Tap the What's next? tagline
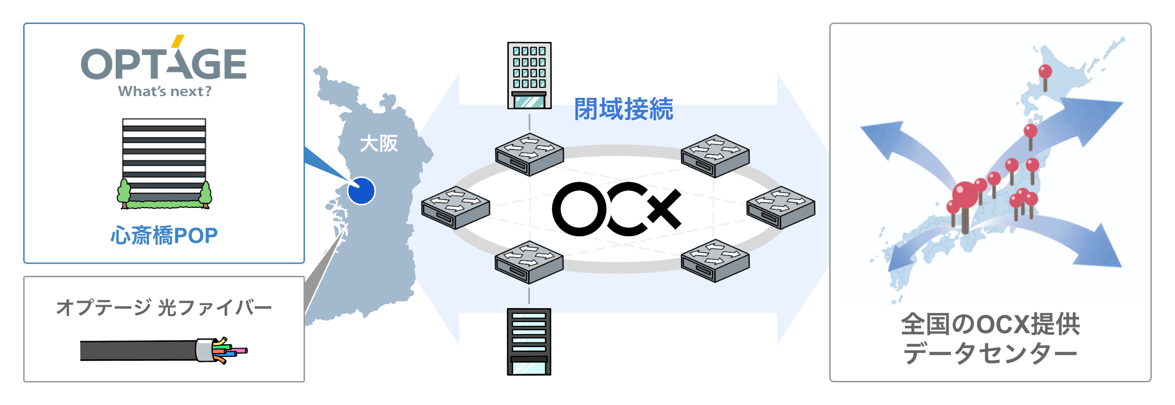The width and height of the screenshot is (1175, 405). [165, 91]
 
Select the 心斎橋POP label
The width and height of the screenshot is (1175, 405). [164, 236]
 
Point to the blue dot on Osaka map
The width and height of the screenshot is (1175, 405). [361, 191]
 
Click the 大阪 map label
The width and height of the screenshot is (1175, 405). [379, 144]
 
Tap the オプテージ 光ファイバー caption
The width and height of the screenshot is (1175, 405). [164, 308]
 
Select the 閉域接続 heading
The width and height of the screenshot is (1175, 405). [623, 109]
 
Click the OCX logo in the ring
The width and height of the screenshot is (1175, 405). [616, 209]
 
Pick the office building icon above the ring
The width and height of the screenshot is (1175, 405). [529, 75]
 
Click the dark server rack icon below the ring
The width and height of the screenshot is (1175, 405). [529, 341]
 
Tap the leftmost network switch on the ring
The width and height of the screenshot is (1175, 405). [455, 207]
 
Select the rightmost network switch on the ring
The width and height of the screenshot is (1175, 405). [781, 207]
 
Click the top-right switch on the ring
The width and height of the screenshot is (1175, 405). [715, 156]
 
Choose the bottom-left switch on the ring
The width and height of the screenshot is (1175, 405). [529, 262]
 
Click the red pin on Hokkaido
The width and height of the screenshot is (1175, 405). [1045, 72]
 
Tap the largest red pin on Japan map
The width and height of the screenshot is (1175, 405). [965, 195]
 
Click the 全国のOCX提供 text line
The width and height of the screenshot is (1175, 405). [990, 324]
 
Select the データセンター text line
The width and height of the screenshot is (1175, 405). [990, 353]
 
